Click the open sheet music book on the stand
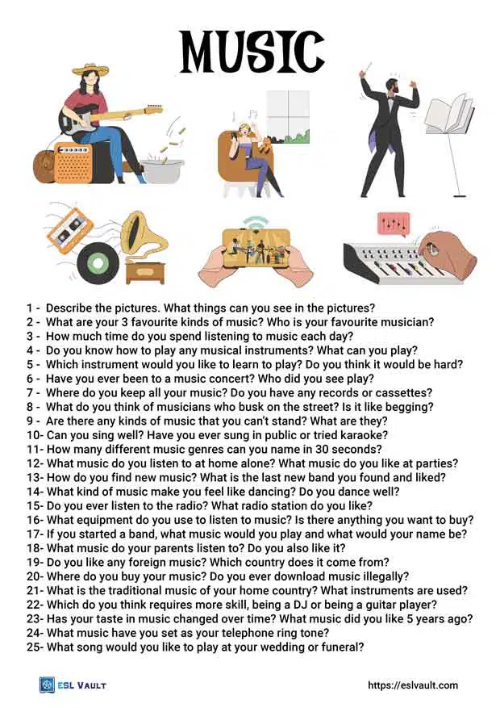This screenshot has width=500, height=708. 448,115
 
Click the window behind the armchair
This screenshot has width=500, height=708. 287,115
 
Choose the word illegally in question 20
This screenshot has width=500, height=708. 383,576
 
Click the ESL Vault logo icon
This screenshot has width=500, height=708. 47,685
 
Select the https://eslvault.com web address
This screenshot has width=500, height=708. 412,685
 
